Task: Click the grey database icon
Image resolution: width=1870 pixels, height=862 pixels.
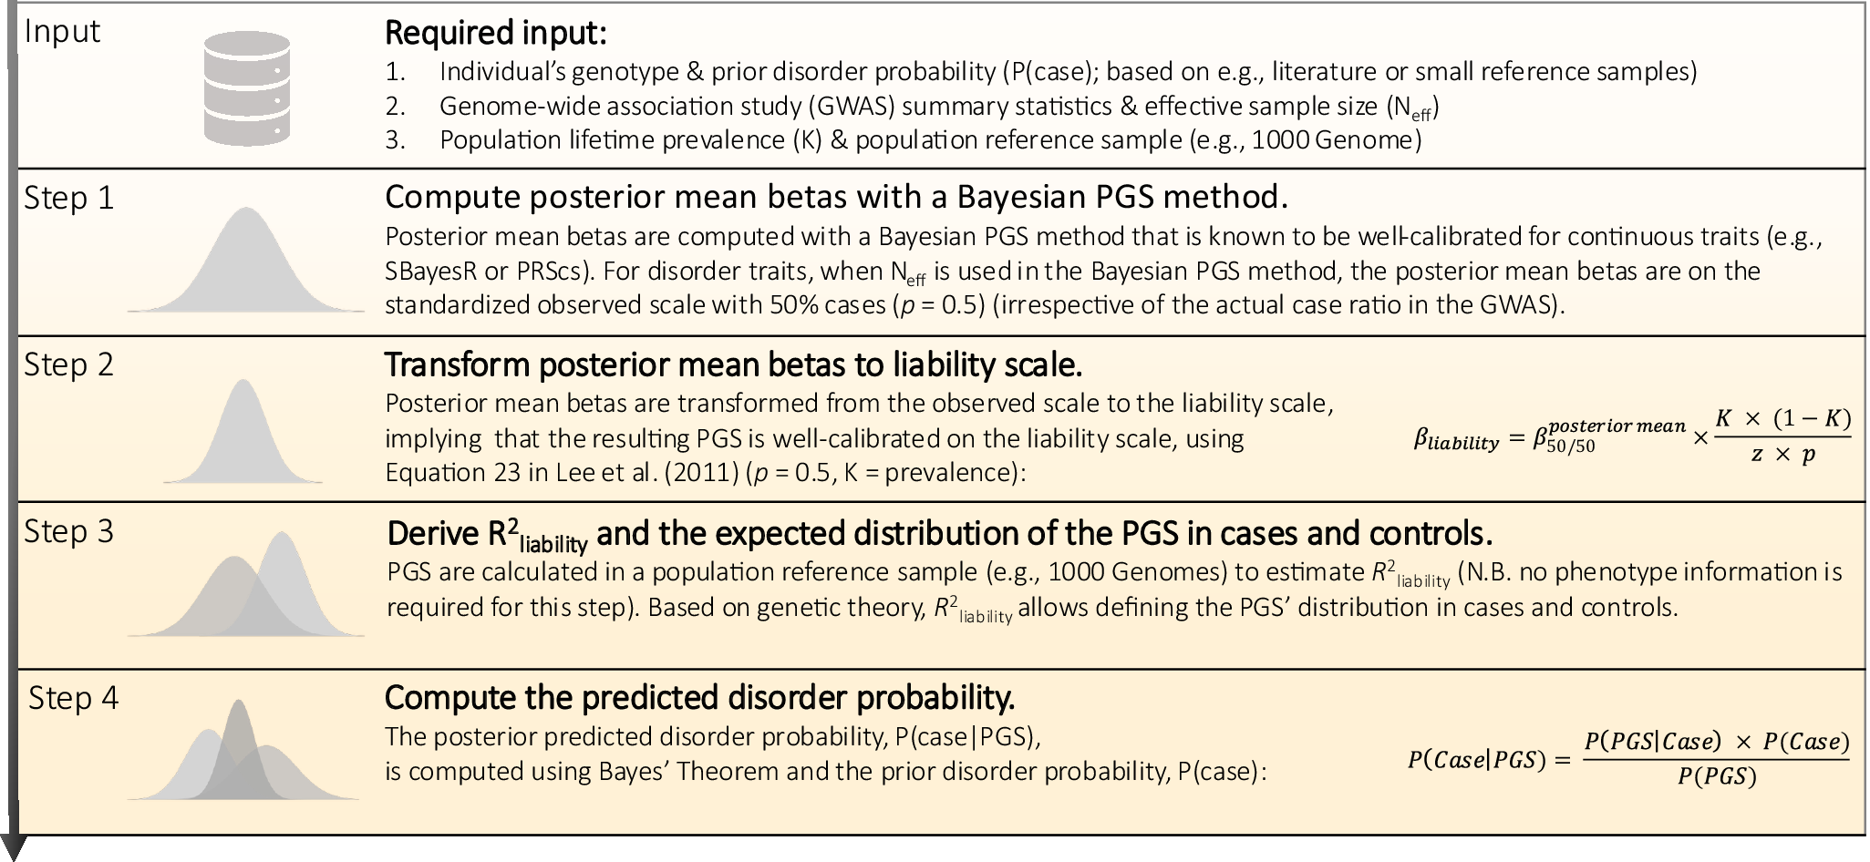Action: (246, 88)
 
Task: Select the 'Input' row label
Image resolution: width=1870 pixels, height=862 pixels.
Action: (62, 32)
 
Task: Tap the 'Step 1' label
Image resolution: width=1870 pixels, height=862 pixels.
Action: (69, 199)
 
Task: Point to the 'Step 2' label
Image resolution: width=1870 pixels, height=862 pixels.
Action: (69, 365)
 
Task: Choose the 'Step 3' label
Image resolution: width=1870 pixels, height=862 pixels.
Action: (69, 532)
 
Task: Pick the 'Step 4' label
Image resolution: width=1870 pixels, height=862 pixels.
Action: (73, 699)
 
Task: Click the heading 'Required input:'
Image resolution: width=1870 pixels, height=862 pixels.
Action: (495, 34)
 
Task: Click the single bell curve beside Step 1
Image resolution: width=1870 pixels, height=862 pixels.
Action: (245, 264)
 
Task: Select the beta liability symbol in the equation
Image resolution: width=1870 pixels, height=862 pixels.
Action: (1455, 441)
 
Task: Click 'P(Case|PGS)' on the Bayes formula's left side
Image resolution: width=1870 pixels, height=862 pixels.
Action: (1477, 760)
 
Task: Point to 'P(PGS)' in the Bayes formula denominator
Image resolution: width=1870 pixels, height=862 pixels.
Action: (1717, 777)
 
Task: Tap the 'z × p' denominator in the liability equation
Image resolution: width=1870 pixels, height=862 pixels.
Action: (1782, 455)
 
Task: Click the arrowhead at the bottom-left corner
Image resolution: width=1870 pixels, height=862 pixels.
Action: (12, 847)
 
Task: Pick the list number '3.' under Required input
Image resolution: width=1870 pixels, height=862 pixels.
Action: (396, 140)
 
